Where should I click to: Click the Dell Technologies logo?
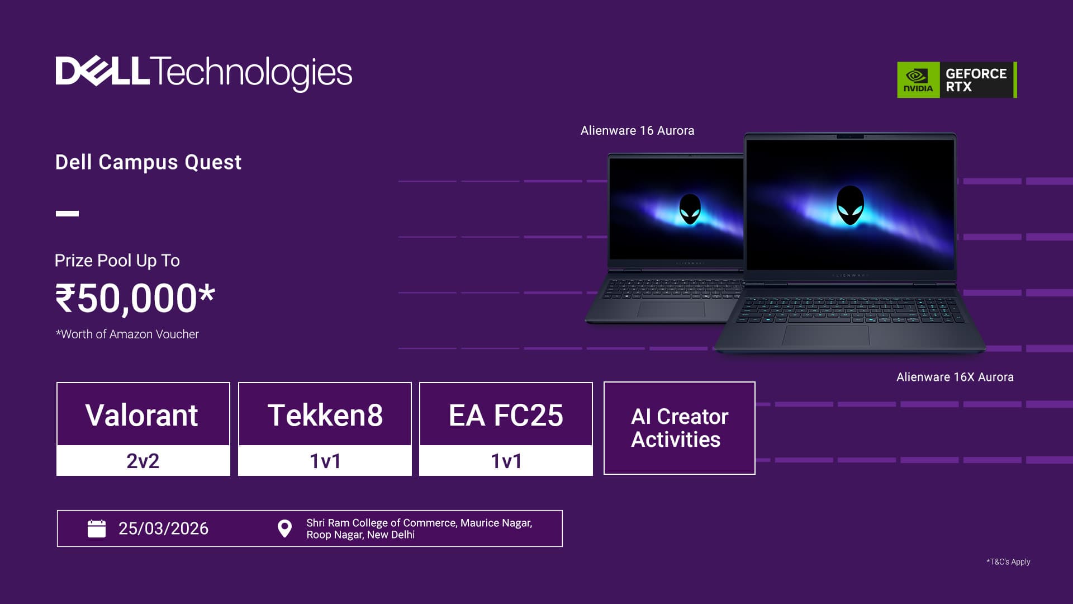(x=204, y=73)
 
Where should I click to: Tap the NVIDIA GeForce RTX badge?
(x=957, y=80)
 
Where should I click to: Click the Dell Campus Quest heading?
(x=148, y=162)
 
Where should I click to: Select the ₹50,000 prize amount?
(x=135, y=299)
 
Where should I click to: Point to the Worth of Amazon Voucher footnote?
(x=127, y=334)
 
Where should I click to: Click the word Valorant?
(x=142, y=416)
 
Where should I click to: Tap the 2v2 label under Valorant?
(x=143, y=461)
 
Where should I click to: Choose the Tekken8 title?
(x=325, y=416)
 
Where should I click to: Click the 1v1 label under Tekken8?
(x=325, y=461)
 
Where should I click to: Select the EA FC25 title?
(x=506, y=416)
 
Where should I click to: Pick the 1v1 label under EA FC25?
(x=506, y=461)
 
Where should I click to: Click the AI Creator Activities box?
(x=680, y=428)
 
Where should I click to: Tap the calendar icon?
(x=97, y=528)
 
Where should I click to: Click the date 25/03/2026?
(x=163, y=528)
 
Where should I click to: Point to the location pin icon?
(x=284, y=528)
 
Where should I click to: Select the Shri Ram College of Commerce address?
(x=419, y=528)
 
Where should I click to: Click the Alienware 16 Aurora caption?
(x=638, y=131)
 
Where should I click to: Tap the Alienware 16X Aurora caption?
(x=955, y=377)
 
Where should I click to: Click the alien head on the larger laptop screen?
(x=850, y=205)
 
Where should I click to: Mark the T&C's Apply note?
(x=1008, y=562)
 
